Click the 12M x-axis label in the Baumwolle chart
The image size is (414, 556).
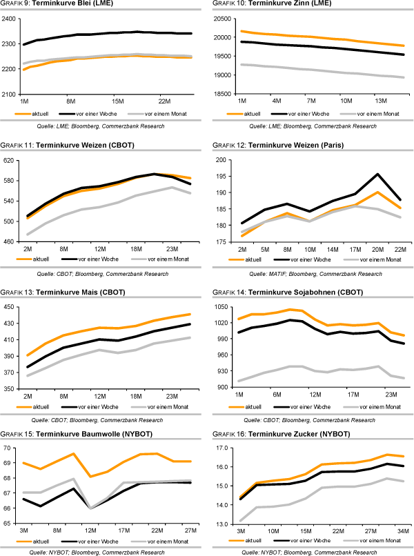point(90,530)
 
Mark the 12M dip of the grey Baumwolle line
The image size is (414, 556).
point(90,508)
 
